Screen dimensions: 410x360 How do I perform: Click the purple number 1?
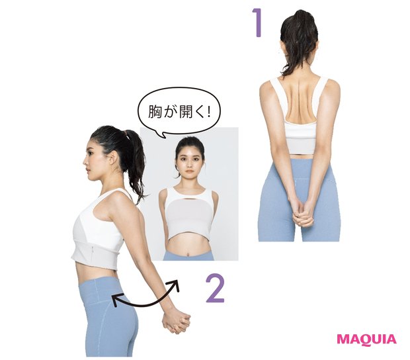click(x=259, y=22)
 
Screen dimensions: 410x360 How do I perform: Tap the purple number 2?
click(x=216, y=289)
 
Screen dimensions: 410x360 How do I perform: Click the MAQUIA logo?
click(x=366, y=339)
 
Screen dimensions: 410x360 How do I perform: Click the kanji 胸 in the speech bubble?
click(x=155, y=112)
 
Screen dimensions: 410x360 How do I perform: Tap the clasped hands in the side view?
click(x=176, y=322)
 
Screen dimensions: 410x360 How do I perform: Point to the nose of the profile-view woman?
click(x=85, y=161)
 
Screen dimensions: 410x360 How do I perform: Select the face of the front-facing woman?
click(x=189, y=159)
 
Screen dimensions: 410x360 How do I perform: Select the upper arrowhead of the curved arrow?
click(x=175, y=285)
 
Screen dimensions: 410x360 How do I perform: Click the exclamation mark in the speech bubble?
click(x=208, y=112)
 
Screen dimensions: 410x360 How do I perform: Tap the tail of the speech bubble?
click(x=163, y=134)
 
